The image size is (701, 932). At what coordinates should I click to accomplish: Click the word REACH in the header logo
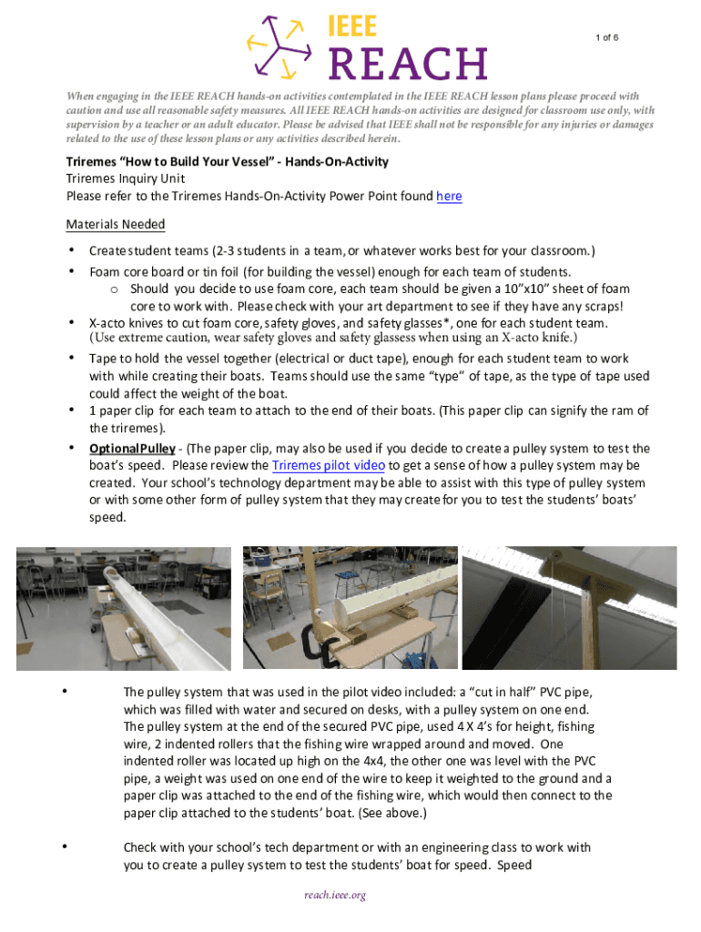(x=407, y=63)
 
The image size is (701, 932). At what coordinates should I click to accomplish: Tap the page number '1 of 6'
(x=608, y=37)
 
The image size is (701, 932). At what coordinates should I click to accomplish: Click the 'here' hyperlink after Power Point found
(x=449, y=196)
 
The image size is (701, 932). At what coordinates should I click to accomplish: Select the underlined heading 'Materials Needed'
(x=116, y=224)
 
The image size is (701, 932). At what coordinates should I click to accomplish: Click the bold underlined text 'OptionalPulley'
(x=131, y=449)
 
